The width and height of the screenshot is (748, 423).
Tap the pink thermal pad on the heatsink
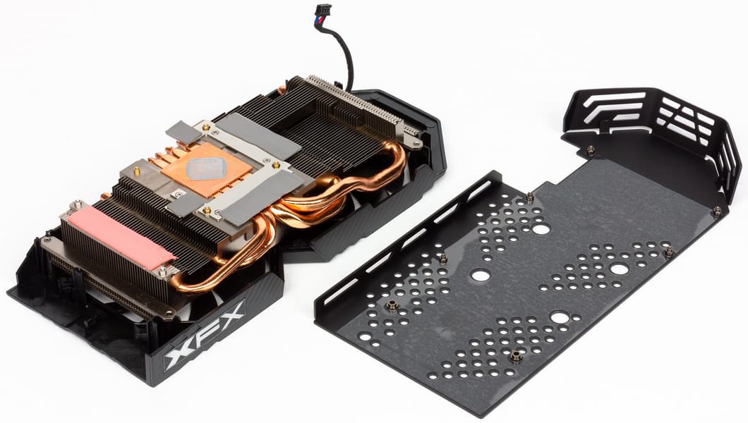(x=121, y=237)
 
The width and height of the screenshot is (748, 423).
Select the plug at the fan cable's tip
(x=323, y=12)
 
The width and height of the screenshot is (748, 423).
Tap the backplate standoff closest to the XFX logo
(x=392, y=305)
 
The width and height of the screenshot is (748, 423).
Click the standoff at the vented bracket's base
(x=591, y=150)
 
